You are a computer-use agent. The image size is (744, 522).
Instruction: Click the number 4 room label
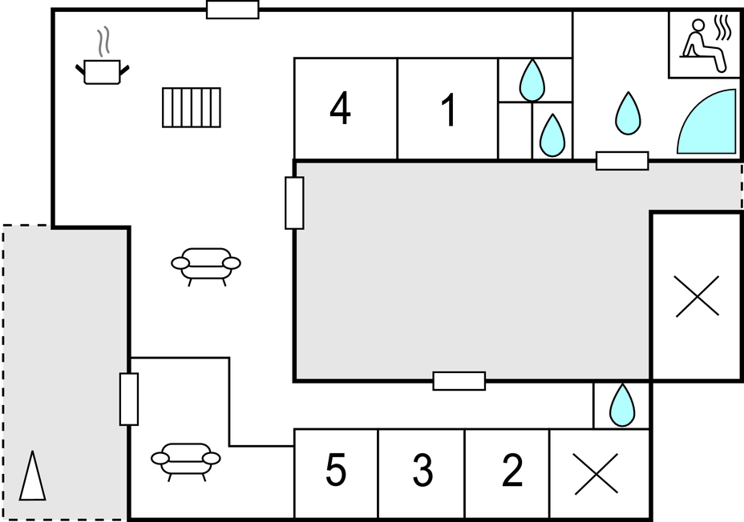tap(341, 110)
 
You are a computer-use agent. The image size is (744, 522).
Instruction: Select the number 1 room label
tap(449, 110)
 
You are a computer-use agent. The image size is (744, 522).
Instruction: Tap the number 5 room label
tap(336, 471)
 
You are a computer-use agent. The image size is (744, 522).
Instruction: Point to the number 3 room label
tap(423, 471)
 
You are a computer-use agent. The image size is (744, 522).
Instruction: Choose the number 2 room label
tap(511, 471)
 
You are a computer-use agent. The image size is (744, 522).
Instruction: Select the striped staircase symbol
tap(192, 107)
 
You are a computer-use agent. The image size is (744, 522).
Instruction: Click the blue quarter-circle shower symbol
tap(708, 122)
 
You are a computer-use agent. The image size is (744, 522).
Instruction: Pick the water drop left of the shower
tap(628, 113)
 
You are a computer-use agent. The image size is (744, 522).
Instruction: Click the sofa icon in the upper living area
tap(206, 265)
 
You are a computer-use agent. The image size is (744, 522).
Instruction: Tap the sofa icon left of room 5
tap(186, 460)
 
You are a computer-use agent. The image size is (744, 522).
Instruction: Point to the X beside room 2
tap(596, 473)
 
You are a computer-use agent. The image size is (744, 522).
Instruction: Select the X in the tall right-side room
tap(697, 296)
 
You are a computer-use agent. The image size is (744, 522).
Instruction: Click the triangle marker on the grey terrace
tap(33, 476)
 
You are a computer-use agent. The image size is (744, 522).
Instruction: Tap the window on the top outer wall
tap(232, 10)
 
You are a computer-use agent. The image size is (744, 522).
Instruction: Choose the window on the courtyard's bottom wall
tap(459, 381)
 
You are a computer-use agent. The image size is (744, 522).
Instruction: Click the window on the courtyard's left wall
tap(294, 203)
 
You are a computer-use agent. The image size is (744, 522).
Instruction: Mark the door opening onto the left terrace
tap(129, 399)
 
